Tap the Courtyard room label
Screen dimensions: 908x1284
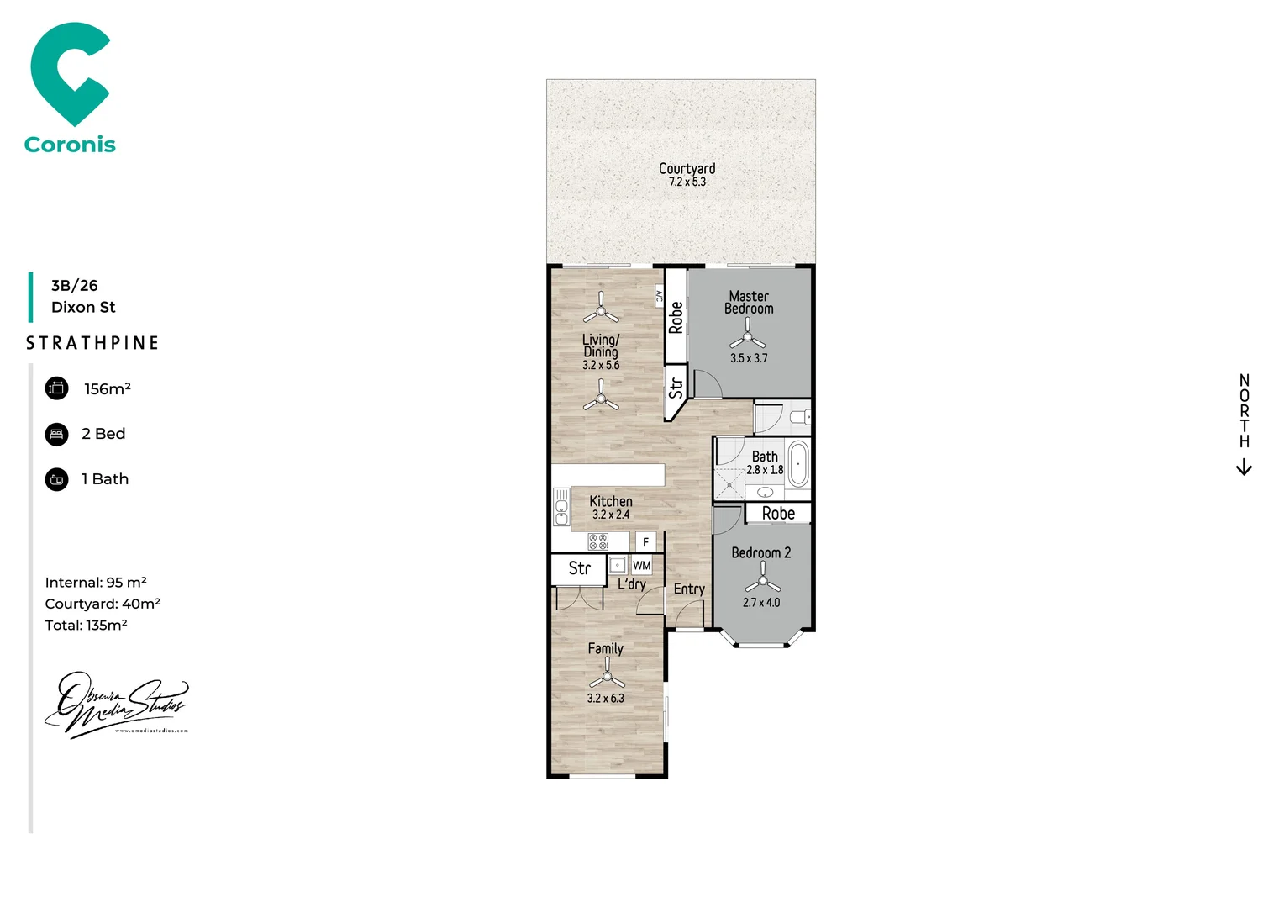click(x=687, y=169)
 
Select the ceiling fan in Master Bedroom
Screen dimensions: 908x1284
click(x=747, y=338)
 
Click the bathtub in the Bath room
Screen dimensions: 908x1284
click(x=797, y=464)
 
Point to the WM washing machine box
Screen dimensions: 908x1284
click(x=642, y=566)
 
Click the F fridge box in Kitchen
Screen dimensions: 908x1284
click(x=645, y=542)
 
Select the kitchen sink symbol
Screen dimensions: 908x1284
click(x=561, y=507)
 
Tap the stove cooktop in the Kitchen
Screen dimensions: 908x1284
click(x=598, y=541)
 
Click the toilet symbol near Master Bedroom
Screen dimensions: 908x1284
click(x=802, y=416)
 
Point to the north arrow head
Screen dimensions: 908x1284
click(x=1245, y=469)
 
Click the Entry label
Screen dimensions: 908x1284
click(x=689, y=589)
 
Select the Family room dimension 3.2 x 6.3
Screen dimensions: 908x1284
click(x=605, y=699)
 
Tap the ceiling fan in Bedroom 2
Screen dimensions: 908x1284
click(x=762, y=581)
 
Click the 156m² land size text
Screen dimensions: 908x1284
click(x=108, y=389)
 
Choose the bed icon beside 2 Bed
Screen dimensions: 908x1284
click(x=57, y=435)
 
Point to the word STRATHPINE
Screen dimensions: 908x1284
click(x=92, y=343)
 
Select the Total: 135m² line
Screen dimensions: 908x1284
click(x=86, y=626)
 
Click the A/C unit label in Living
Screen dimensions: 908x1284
click(x=659, y=296)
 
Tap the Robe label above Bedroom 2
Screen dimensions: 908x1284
click(x=778, y=513)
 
